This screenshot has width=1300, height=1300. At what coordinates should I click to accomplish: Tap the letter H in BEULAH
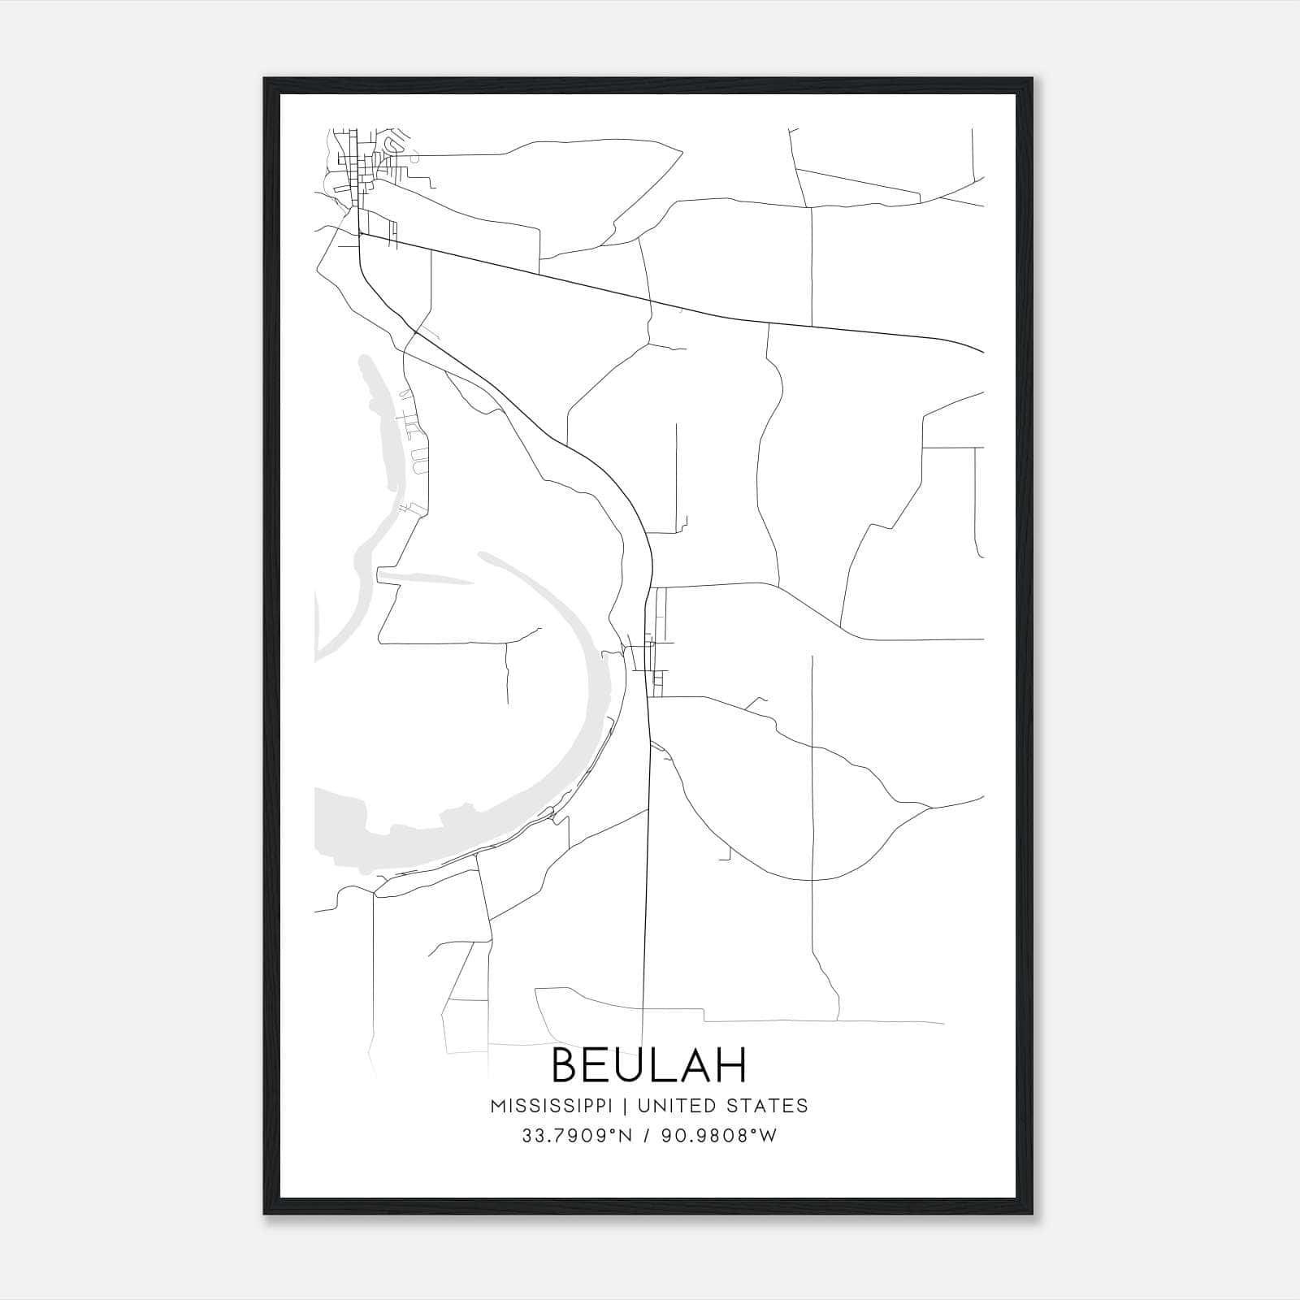(x=730, y=1065)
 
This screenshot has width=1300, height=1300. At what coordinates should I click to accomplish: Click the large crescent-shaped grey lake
(x=569, y=731)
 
